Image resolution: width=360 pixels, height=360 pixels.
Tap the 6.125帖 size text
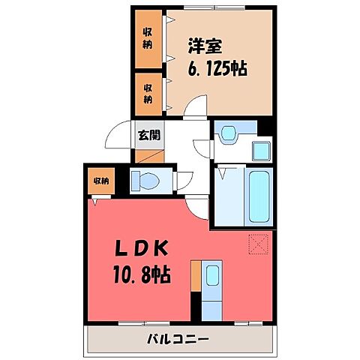tap(217, 68)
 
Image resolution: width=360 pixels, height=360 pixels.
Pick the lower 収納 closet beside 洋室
tap(149, 92)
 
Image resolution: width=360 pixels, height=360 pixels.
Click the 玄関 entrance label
tap(148, 136)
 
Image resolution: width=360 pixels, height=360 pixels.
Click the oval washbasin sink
tap(227, 133)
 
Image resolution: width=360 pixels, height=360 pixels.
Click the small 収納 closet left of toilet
tap(100, 181)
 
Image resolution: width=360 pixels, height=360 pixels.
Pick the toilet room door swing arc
tap(182, 180)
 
